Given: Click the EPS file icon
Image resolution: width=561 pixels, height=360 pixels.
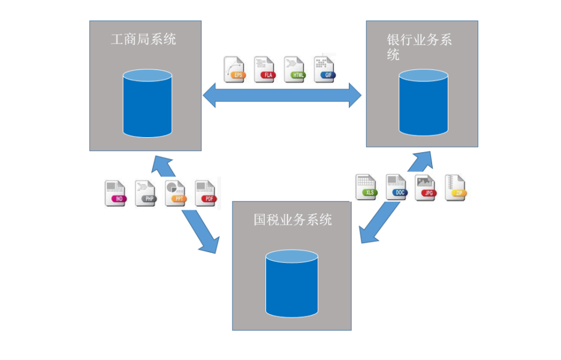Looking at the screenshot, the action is [234, 69].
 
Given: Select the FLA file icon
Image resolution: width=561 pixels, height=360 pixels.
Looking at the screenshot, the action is [264, 69].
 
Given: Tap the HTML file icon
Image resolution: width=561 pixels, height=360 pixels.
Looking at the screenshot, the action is [294, 69].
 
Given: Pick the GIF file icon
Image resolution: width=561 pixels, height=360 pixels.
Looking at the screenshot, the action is [324, 69].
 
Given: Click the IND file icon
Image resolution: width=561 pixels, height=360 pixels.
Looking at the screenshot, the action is [116, 193].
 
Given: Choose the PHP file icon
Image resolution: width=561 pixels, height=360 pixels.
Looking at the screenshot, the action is [146, 193].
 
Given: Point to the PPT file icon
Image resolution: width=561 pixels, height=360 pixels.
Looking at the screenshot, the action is [175, 193].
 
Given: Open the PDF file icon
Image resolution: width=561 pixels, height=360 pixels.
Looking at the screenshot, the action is [206, 193].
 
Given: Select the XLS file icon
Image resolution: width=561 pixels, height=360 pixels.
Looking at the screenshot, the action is [366, 187].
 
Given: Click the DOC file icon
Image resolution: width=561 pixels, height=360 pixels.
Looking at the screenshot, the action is [396, 187].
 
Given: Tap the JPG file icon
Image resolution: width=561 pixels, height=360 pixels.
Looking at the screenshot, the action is [426, 187].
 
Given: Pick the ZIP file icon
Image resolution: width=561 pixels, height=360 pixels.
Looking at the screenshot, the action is [456, 187].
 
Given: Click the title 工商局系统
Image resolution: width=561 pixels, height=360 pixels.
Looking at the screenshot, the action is [143, 40].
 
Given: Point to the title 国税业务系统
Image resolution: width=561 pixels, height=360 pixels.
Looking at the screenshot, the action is [292, 219].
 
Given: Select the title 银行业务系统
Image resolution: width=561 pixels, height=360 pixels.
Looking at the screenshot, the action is [419, 47].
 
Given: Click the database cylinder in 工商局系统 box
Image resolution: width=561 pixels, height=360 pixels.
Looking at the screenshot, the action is [147, 103].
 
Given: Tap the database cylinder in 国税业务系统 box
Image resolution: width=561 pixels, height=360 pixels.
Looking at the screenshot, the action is [292, 283].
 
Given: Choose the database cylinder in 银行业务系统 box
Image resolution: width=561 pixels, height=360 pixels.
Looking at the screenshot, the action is [424, 102].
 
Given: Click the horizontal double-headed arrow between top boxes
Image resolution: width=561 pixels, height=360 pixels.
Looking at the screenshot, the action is [282, 95].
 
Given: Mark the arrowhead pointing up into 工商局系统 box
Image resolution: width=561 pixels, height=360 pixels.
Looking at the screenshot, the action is [161, 165].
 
